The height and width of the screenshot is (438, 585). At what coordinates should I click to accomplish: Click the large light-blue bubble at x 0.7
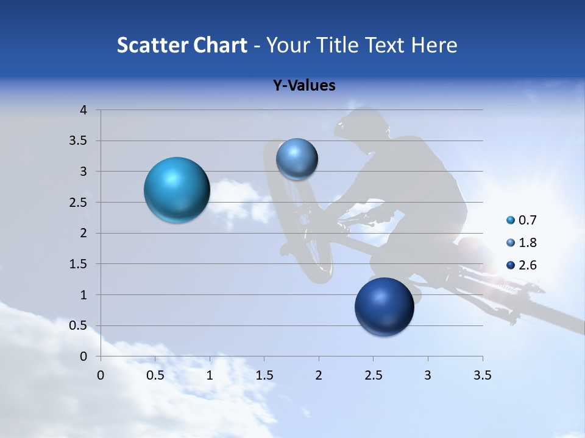tap(177, 190)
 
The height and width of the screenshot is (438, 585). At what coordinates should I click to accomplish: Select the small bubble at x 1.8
tap(297, 159)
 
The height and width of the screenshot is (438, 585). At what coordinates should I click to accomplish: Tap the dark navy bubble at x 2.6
tap(384, 307)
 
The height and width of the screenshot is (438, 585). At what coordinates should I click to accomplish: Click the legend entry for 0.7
tap(522, 220)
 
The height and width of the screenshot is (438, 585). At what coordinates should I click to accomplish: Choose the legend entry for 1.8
tap(522, 243)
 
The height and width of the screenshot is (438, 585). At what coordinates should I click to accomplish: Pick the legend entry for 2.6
tap(522, 265)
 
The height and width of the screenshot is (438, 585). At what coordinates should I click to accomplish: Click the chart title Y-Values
tap(304, 86)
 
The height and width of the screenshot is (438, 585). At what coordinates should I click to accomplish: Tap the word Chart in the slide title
tap(220, 45)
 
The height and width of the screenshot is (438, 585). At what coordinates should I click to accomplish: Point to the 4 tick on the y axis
tap(84, 110)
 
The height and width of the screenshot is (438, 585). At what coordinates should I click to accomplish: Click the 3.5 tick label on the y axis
tap(79, 141)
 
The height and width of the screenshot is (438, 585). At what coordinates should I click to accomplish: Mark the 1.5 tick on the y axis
tap(79, 264)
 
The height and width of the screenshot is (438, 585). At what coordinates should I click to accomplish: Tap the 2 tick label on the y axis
tap(84, 233)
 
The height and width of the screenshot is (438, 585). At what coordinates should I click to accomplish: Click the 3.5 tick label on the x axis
tap(482, 375)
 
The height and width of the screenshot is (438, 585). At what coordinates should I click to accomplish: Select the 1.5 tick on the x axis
tap(264, 375)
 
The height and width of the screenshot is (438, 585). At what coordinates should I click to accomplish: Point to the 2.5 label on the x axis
tap(373, 375)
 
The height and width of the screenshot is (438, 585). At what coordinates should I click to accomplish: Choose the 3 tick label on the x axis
tap(428, 375)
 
